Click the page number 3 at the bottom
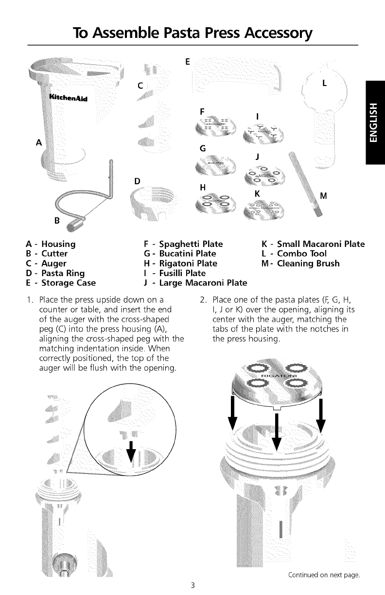(x=192, y=585)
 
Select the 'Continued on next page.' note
(x=323, y=575)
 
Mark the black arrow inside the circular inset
(x=130, y=453)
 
